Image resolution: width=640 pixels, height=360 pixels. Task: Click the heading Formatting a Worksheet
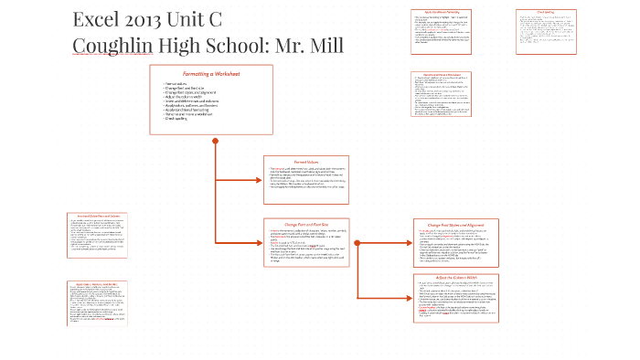coord(210,73)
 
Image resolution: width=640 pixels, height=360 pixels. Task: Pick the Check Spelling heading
coord(546,12)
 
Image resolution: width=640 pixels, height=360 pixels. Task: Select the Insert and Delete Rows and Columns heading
coord(96,216)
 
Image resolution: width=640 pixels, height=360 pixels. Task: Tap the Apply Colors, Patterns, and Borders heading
coord(96,284)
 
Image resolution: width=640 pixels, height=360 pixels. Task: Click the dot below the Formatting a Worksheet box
coord(215,141)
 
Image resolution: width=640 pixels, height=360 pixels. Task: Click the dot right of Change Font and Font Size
coord(357,243)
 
